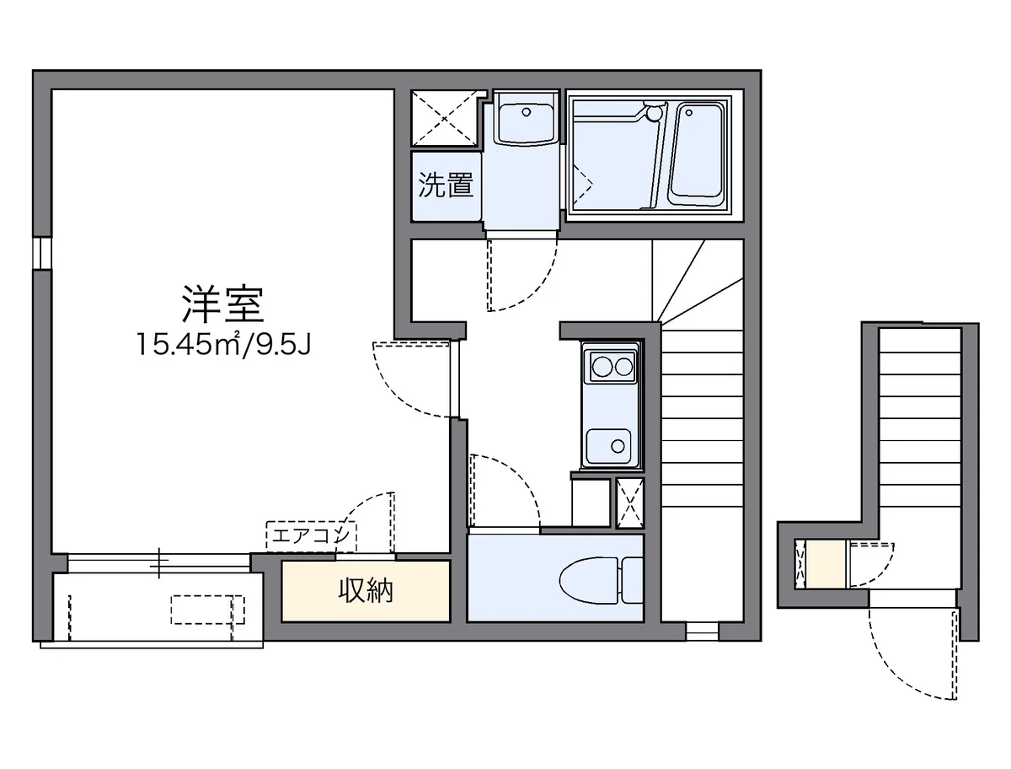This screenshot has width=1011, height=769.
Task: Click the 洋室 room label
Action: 223,304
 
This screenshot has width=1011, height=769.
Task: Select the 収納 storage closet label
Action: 366,591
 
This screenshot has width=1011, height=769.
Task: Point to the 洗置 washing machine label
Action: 446,186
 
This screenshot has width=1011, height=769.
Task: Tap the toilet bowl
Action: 590,580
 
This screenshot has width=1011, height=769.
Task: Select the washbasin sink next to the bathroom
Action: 523,118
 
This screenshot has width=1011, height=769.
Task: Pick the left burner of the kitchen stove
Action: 602,367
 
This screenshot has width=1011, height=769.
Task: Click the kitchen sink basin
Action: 609,444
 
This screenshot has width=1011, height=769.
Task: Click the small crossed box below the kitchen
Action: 629,503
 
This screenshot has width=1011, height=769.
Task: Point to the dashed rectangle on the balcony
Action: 207,609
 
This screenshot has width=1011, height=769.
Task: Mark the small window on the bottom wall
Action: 702,629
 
